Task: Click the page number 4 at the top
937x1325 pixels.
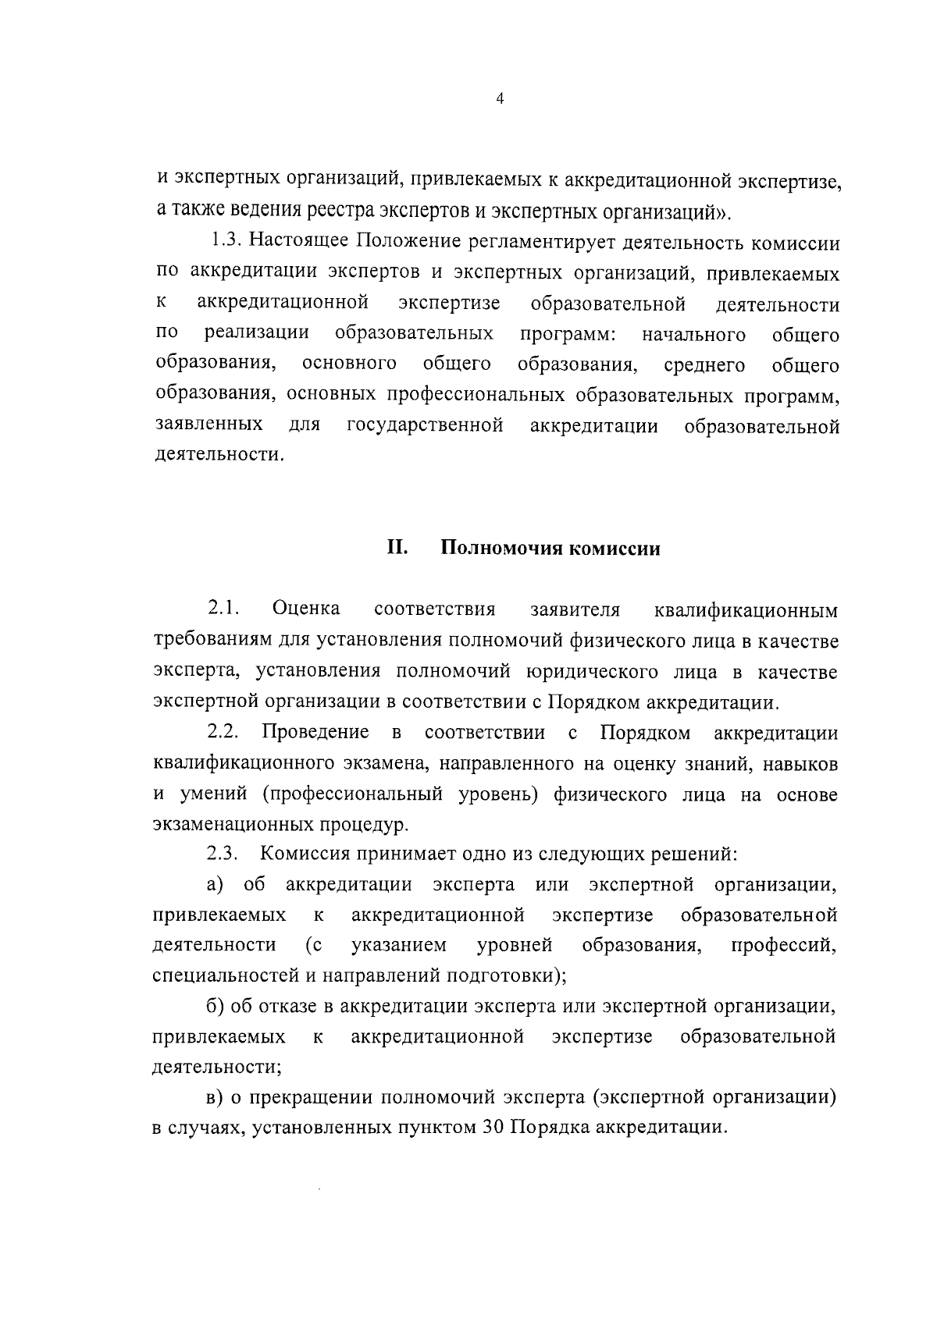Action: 500,99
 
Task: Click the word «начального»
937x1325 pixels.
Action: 693,336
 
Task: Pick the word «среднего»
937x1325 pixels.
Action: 704,366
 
